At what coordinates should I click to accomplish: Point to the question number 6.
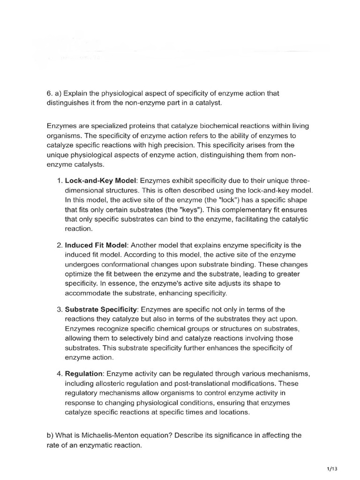pyautogui.click(x=49, y=93)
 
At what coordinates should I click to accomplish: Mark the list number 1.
pyautogui.click(x=59, y=181)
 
